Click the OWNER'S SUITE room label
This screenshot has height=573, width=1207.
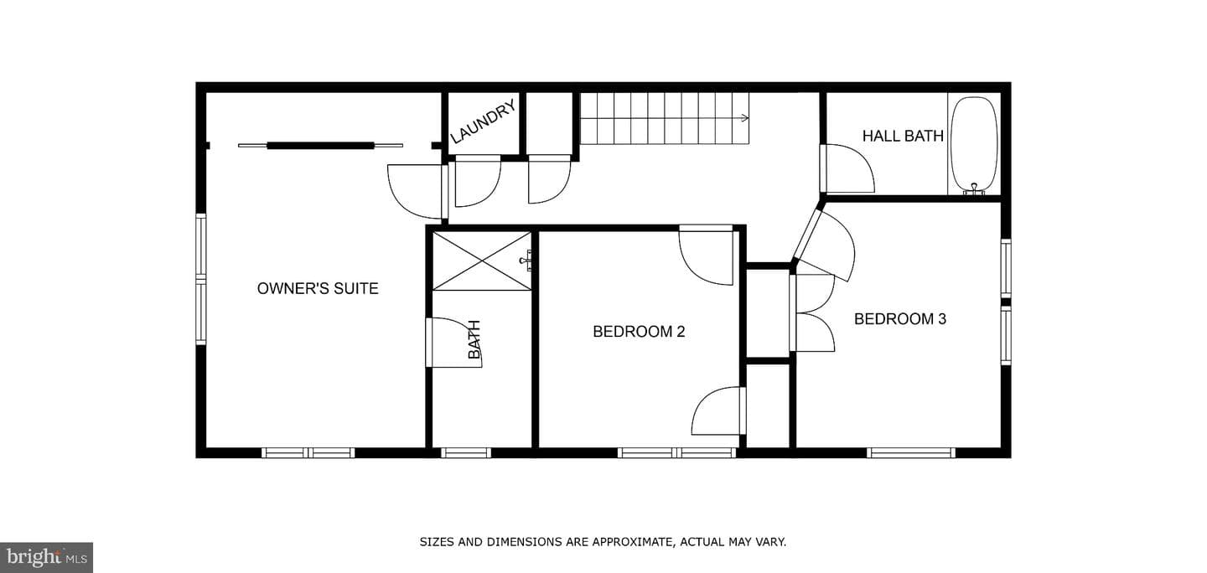(318, 289)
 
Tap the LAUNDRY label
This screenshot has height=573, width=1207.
(483, 122)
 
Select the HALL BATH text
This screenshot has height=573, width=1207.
(903, 136)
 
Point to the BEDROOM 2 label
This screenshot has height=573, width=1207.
(639, 331)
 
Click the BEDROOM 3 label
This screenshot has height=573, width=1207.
(900, 319)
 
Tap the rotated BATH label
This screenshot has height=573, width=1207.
(474, 339)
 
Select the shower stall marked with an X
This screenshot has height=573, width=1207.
(482, 261)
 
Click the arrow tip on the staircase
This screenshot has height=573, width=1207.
(749, 118)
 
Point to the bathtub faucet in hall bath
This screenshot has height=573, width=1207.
(974, 189)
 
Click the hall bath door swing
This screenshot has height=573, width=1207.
(848, 168)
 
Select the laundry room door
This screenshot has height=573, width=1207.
(478, 182)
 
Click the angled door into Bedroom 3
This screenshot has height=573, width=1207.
(825, 245)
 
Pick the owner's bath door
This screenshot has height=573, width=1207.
(453, 343)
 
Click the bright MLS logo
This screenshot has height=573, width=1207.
(46, 557)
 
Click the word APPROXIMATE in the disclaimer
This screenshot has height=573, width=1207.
(628, 542)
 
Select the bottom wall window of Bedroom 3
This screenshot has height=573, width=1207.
(910, 453)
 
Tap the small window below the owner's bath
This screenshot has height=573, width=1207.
(466, 453)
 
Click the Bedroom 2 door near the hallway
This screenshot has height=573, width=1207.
(707, 256)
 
